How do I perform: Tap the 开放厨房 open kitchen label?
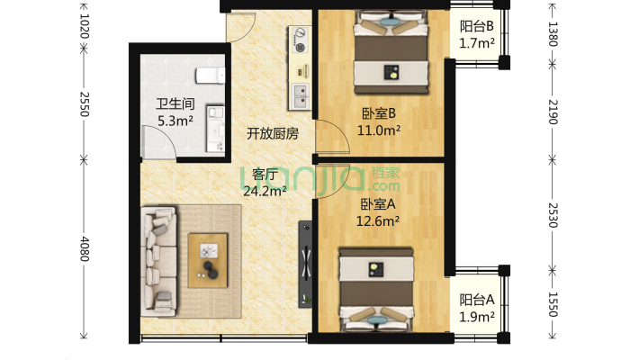(273, 133)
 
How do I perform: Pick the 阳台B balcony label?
(476, 27)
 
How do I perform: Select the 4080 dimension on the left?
(83, 250)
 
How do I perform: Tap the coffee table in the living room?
(208, 259)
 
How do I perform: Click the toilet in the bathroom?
(210, 72)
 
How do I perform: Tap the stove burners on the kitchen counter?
(299, 38)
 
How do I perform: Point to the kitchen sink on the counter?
(299, 91)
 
